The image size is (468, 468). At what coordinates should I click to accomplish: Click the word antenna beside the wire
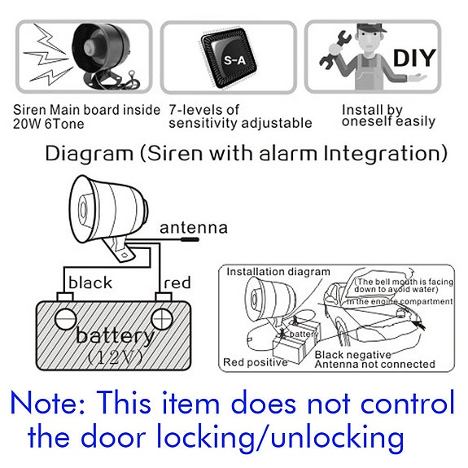(x=194, y=228)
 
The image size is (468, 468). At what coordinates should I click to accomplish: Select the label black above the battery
(x=90, y=283)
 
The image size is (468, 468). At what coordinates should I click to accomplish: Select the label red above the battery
(x=177, y=283)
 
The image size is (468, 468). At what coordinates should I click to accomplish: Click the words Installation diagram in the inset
(x=278, y=271)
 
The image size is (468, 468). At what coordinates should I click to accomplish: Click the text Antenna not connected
(x=374, y=365)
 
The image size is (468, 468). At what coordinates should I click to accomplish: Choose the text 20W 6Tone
(x=50, y=123)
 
